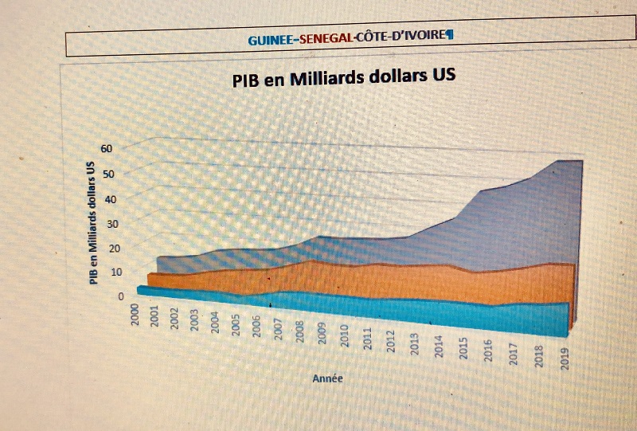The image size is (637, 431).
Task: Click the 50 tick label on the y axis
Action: pyautogui.click(x=108, y=174)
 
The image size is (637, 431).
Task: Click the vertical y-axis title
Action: pyautogui.click(x=92, y=221)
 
